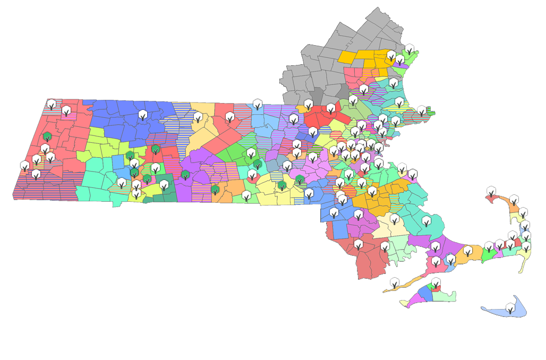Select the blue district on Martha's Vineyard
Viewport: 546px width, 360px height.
[426, 292]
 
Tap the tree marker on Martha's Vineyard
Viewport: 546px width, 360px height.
[436, 283]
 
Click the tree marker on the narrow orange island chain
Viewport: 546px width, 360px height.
[395, 282]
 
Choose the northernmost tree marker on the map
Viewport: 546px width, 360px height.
[409, 49]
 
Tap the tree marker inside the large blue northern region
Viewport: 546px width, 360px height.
[143, 115]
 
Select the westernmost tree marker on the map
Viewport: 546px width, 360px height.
[25, 166]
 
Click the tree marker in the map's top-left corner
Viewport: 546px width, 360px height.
[52, 104]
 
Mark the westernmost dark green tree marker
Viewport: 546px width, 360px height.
[47, 136]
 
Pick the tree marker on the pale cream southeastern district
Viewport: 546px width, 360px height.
[395, 219]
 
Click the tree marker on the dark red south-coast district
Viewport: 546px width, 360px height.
[359, 245]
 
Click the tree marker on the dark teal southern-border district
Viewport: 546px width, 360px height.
[164, 185]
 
